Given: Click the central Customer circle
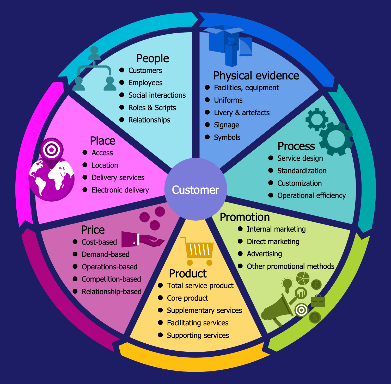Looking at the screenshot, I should (195, 190).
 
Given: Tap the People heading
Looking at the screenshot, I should (152, 58).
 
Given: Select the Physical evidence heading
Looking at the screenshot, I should (256, 76).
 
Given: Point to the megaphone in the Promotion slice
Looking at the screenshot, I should (278, 310).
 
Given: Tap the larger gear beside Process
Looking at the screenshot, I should (336, 139).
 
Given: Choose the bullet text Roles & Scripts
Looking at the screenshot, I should (152, 108).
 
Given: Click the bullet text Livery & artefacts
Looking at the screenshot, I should (242, 113).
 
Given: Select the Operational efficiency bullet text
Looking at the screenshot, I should (311, 195).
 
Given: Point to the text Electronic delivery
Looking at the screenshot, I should (120, 190).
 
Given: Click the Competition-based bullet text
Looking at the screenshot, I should (111, 279).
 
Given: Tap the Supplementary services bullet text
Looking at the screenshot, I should (204, 310).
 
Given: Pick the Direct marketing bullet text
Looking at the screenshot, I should (273, 241).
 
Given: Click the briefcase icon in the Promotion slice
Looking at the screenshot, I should (318, 301).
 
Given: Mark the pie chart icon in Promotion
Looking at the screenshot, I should (303, 278).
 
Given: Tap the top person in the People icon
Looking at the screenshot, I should (94, 53).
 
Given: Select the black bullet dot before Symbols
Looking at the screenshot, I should (207, 137).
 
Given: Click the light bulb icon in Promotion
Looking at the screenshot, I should (287, 285).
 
